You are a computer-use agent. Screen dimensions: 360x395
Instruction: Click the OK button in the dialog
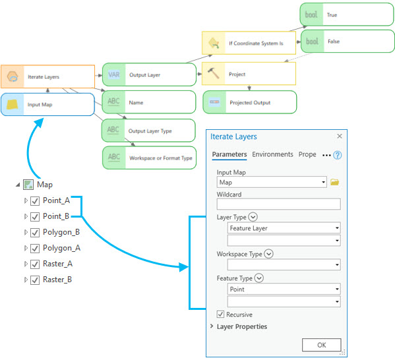click(321, 345)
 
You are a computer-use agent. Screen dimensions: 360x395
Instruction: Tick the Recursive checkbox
click(220, 315)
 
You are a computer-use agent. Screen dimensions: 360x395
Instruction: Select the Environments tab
click(272, 154)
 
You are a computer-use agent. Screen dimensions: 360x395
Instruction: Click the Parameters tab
click(229, 154)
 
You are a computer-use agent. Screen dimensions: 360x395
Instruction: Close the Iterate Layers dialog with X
click(340, 136)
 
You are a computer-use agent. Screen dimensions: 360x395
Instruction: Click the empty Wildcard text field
click(278, 204)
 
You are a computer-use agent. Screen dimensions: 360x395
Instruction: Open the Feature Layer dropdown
click(337, 228)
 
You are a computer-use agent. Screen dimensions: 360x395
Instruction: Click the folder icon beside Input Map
click(334, 182)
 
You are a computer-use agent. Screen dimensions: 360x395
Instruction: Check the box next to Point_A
click(35, 200)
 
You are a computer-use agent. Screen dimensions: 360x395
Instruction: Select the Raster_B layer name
click(57, 280)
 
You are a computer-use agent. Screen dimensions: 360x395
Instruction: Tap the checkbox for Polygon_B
click(35, 232)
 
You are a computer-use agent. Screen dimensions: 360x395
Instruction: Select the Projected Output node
click(249, 103)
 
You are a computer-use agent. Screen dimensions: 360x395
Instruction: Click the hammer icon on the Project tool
click(214, 73)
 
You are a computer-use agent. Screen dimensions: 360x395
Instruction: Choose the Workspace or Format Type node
click(149, 158)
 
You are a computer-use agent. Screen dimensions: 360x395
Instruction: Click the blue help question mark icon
click(337, 156)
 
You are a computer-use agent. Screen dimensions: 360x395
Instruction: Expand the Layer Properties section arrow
click(212, 326)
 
